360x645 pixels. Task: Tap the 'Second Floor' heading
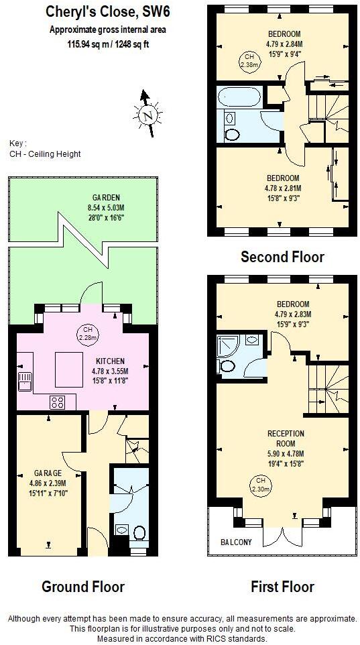click(282, 257)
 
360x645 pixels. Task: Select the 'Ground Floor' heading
click(83, 587)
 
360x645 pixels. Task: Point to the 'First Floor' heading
click(282, 587)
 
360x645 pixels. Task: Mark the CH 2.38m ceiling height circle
click(249, 60)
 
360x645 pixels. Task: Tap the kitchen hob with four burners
click(58, 402)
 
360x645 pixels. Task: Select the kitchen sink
click(25, 382)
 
